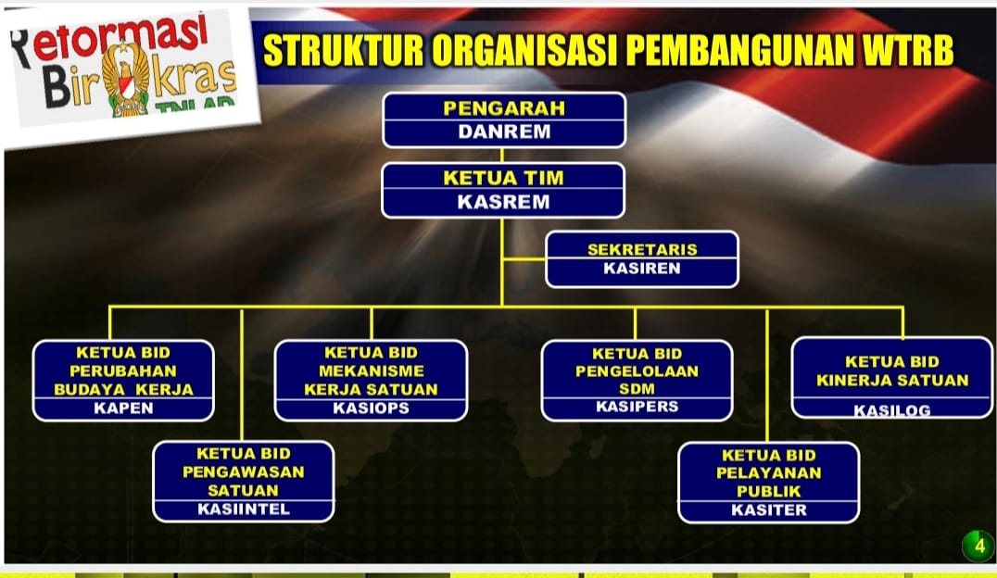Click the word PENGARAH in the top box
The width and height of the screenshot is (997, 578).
point(503,108)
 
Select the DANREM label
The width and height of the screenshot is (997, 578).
point(504,132)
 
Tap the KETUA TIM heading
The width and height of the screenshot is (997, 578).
point(503,178)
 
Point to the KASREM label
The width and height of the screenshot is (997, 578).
point(503,202)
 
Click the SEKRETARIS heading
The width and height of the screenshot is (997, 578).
point(642,249)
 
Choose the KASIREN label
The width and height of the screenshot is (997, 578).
point(641,269)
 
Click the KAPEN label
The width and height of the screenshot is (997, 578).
point(123,408)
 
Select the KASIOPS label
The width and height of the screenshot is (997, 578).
point(371,408)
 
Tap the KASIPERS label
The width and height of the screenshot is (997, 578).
point(637,407)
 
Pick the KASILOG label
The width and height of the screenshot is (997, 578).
point(892,410)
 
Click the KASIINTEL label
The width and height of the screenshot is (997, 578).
point(244,509)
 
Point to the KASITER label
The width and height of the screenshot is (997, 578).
point(769,510)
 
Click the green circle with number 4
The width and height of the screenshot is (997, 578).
point(979,546)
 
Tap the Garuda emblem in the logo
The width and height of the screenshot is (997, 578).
point(127,78)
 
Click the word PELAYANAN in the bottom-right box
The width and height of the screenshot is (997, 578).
point(769,473)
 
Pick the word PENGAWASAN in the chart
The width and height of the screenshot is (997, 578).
point(244,471)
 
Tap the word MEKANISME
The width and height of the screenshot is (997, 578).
point(372,371)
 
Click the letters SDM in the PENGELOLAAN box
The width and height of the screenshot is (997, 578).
point(637,388)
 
